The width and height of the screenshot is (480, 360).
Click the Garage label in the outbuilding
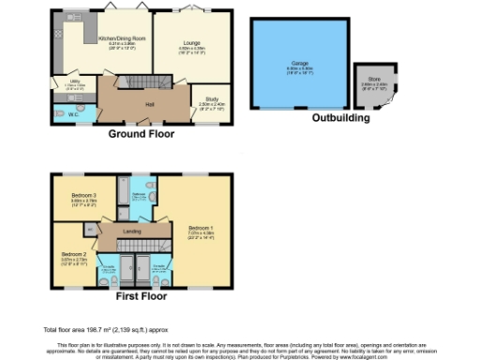pos(297,63)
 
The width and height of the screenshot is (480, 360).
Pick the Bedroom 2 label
pos(74,253)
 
